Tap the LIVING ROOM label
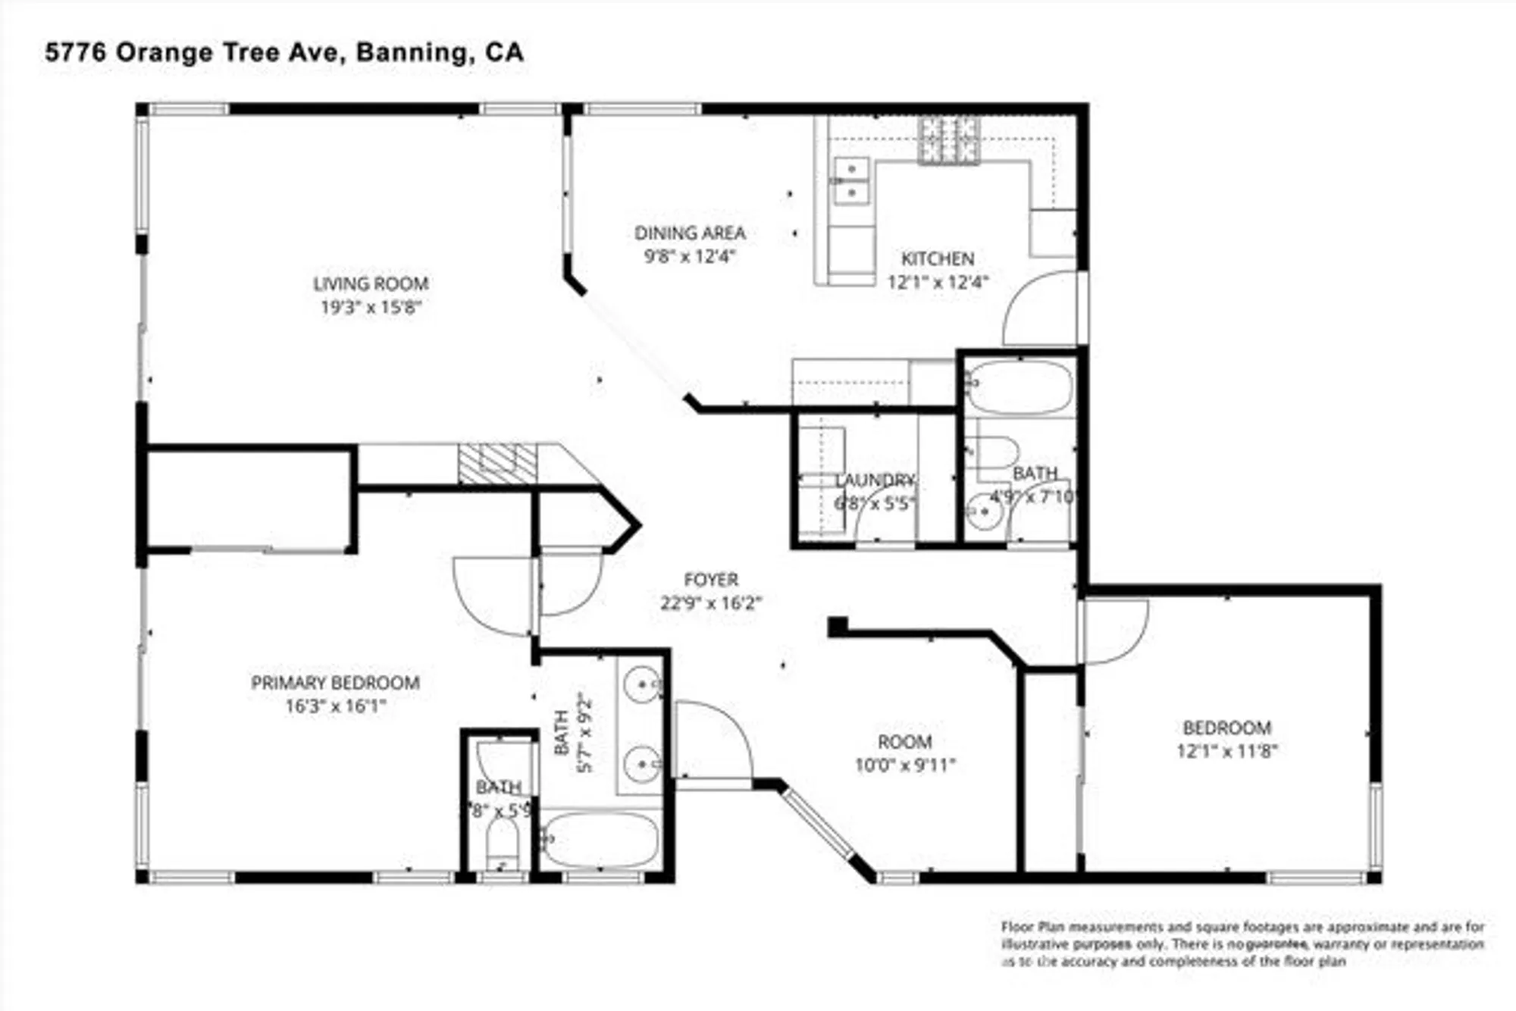(371, 283)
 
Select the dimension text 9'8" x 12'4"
(690, 256)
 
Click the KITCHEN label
(938, 258)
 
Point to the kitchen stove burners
(949, 141)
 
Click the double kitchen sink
(851, 180)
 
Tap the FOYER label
(710, 580)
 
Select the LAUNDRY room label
(875, 480)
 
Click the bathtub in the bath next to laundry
(1020, 387)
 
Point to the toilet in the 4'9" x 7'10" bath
(995, 452)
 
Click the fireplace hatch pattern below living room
(497, 464)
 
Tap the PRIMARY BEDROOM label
(335, 682)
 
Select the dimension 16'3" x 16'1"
(335, 706)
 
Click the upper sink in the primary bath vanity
(643, 684)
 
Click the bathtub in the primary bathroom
(601, 840)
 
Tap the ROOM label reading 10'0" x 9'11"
(904, 741)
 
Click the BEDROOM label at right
(1226, 728)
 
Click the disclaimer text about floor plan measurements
(1242, 944)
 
